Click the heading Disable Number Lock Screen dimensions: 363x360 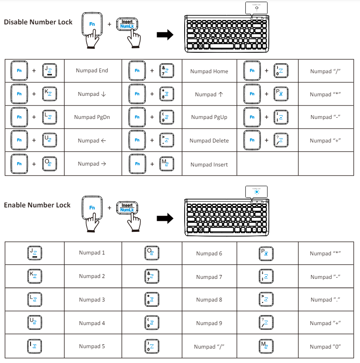pyautogui.click(x=38, y=22)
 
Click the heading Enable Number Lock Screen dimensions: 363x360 pyautogui.click(x=37, y=205)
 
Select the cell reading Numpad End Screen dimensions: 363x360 pyautogui.click(x=92, y=71)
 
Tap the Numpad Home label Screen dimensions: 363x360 pyautogui.click(x=209, y=71)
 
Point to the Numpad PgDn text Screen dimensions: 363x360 pyautogui.click(x=92, y=117)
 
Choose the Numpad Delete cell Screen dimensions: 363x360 pyautogui.click(x=209, y=141)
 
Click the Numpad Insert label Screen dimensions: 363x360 pyautogui.click(x=209, y=164)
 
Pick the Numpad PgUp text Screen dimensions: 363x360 pyautogui.click(x=209, y=117)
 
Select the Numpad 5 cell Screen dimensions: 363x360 pyautogui.click(x=92, y=346)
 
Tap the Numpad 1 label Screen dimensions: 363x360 pyautogui.click(x=92, y=252)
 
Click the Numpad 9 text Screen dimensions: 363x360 pyautogui.click(x=209, y=323)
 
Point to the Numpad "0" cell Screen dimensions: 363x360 pyautogui.click(x=325, y=346)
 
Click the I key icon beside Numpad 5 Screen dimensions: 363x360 pyautogui.click(x=34, y=346)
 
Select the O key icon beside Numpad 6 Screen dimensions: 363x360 pyautogui.click(x=151, y=253)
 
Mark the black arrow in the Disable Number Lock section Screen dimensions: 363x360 pyautogui.click(x=165, y=35)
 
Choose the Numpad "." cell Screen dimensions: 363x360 pyautogui.click(x=325, y=300)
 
